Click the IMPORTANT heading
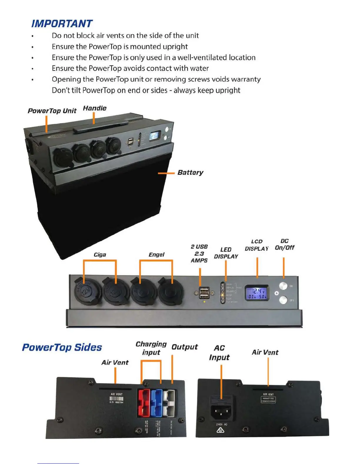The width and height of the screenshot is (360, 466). pyautogui.click(x=62, y=24)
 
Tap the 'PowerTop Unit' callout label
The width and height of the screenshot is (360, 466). pyautogui.click(x=52, y=111)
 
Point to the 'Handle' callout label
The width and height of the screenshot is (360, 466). pyautogui.click(x=94, y=108)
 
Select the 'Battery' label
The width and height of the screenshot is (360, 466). pyautogui.click(x=190, y=172)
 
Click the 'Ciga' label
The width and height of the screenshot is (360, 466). pyautogui.click(x=100, y=255)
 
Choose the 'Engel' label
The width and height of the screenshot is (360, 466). pyautogui.click(x=156, y=255)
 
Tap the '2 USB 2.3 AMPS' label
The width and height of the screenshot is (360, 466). pyautogui.click(x=199, y=254)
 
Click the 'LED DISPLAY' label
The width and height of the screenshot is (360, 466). pyautogui.click(x=226, y=253)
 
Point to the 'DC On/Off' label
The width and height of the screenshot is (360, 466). pyautogui.click(x=284, y=244)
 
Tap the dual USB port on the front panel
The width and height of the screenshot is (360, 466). pyautogui.click(x=204, y=293)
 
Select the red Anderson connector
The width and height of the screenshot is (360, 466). pyautogui.click(x=144, y=403)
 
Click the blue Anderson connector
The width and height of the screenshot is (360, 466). pyautogui.click(x=156, y=403)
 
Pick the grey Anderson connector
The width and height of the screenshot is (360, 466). pyautogui.click(x=169, y=403)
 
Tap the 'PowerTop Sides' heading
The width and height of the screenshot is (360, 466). pyautogui.click(x=62, y=347)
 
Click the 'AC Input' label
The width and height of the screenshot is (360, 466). pyautogui.click(x=219, y=353)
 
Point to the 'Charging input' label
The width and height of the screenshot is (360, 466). pyautogui.click(x=151, y=348)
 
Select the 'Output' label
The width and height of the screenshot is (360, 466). pyautogui.click(x=184, y=347)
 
